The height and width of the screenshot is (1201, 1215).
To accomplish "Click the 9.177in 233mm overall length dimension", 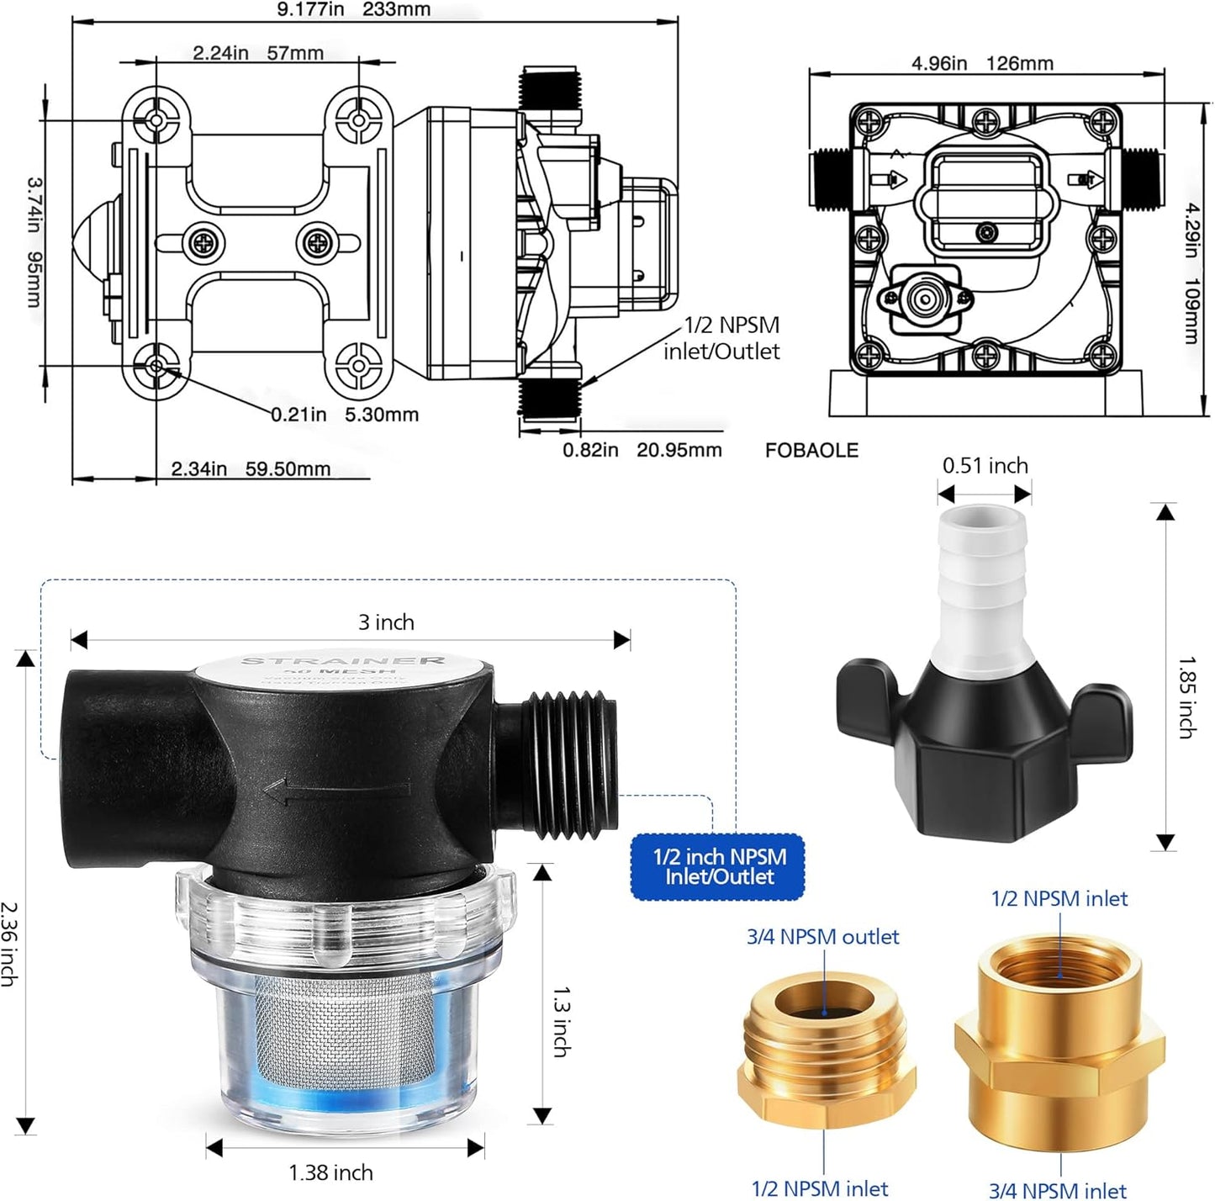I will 353,10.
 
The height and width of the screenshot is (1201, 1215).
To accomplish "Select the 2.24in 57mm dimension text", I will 258,53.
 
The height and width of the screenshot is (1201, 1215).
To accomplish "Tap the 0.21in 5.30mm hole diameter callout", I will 345,415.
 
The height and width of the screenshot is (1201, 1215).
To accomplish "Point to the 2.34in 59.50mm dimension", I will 251,468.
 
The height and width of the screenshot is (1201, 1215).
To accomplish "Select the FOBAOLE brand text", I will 811,451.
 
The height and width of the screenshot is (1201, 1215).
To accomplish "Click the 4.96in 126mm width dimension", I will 982,64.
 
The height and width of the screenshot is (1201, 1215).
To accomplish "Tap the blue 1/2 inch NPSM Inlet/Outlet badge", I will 719,867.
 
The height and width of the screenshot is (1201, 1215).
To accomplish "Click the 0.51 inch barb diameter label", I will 985,466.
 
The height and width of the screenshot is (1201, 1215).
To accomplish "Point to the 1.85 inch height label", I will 1186,697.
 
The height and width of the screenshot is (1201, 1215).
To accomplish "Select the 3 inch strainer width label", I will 386,622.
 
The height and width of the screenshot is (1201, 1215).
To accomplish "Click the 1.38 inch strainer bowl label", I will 330,1172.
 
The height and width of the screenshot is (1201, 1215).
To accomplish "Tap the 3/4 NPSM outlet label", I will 822,937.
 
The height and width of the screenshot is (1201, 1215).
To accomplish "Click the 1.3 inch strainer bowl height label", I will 562,1022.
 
